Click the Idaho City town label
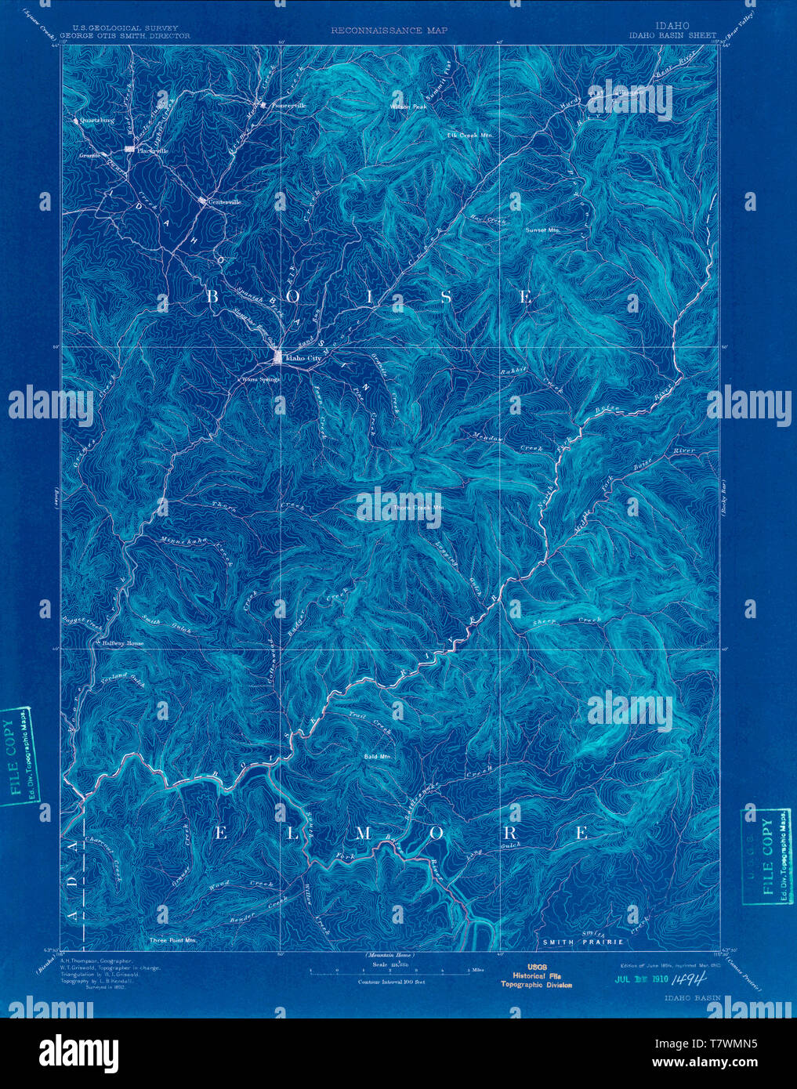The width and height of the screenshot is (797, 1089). [x=304, y=358]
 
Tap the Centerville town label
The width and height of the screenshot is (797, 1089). [x=224, y=202]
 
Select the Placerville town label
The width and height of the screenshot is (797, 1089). [x=154, y=150]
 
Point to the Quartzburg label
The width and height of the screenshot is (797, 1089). [x=97, y=121]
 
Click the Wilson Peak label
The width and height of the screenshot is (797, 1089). [x=408, y=106]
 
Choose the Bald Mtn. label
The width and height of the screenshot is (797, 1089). [x=377, y=757]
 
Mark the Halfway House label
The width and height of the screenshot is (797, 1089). [x=124, y=643]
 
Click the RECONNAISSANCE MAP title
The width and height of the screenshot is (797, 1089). [x=389, y=31]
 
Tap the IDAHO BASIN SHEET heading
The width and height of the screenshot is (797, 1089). [x=661, y=35]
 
